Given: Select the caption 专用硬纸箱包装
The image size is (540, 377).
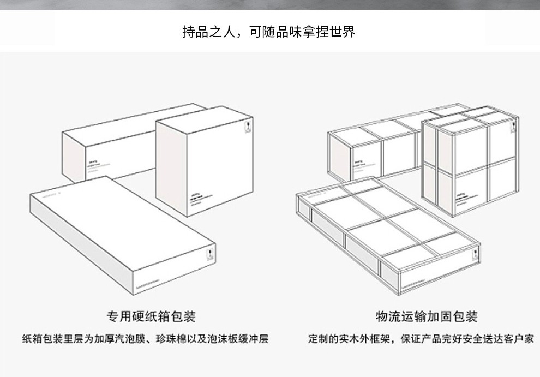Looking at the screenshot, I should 151,316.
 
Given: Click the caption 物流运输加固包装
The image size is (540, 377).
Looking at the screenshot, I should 427,316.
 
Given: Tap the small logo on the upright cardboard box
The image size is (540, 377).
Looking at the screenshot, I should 247,127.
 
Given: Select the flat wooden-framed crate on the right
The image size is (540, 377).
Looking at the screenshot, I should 387,229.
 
